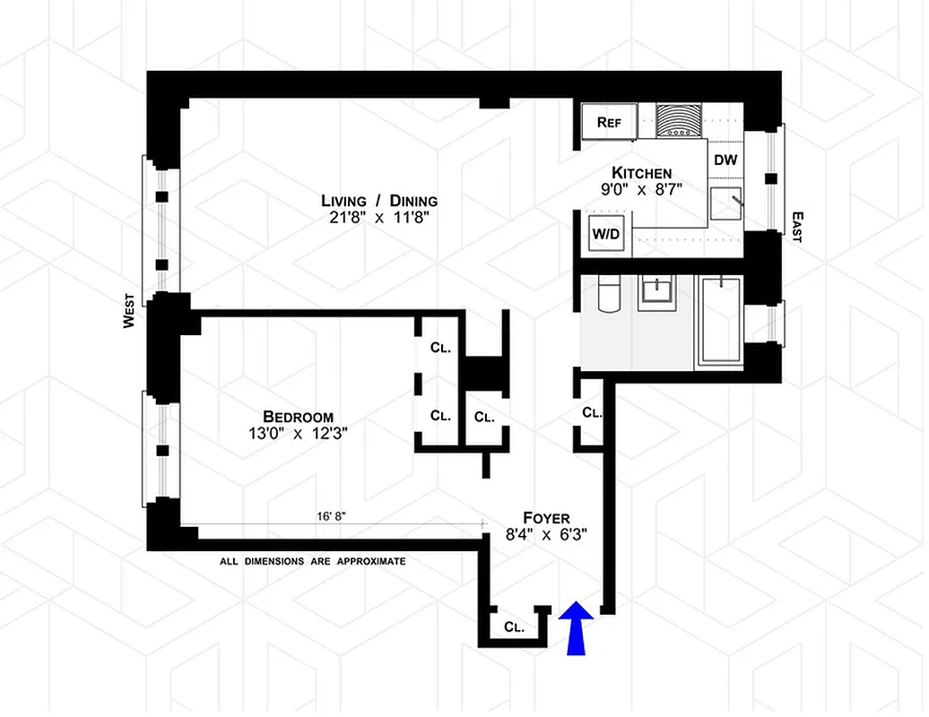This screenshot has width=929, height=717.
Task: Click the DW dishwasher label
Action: (725, 160)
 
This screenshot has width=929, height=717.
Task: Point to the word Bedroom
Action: (298, 417)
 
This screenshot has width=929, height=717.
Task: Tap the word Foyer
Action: (546, 518)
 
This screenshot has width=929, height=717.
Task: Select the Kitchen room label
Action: (642, 173)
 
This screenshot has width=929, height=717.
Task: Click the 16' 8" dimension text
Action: (332, 517)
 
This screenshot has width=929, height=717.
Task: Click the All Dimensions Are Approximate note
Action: (313, 562)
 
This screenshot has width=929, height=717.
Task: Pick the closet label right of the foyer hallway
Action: (592, 413)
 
